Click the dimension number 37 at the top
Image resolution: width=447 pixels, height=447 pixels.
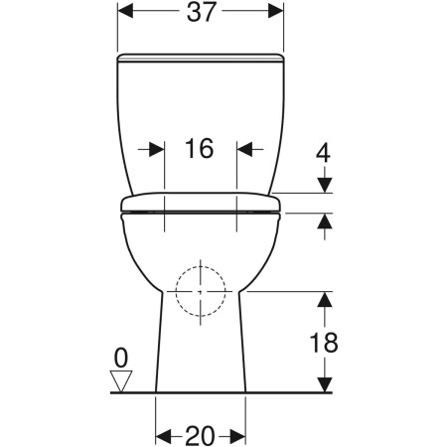[x=201, y=12]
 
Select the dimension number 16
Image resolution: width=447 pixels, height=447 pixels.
[x=200, y=148]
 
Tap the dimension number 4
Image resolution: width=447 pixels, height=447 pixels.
[x=323, y=154]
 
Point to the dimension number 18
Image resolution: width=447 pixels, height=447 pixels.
[x=324, y=343]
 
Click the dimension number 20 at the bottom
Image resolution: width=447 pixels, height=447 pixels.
[x=200, y=436]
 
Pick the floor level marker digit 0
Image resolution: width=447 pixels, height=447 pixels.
[x=121, y=359]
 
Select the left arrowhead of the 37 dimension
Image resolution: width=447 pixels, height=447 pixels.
[x=125, y=11]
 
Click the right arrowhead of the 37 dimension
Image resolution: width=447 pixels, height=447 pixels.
[x=276, y=11]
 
